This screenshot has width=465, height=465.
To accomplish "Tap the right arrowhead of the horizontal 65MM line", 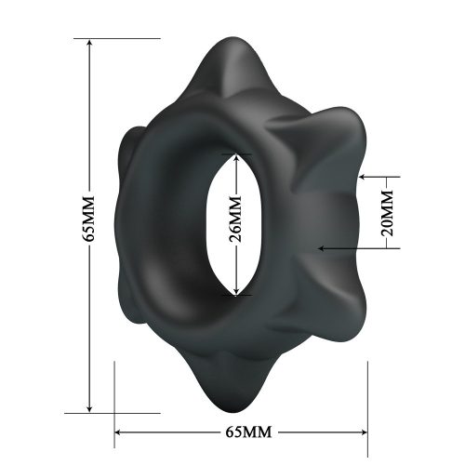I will [364, 432].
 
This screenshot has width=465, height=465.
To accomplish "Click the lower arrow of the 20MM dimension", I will [322, 248].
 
